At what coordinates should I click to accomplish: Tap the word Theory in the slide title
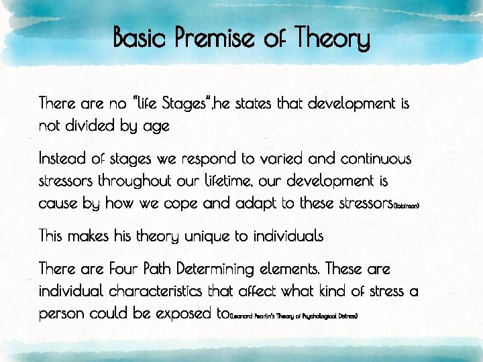coord(333,39)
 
